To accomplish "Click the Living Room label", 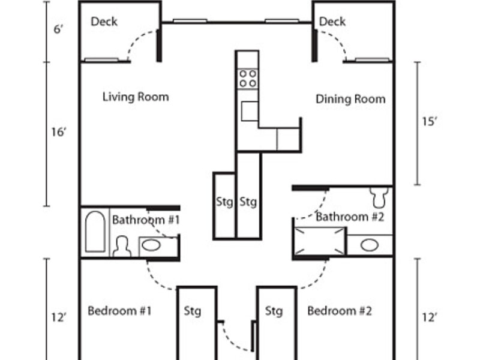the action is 136,97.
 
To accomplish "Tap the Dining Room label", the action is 350,99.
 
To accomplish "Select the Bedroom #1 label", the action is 119,311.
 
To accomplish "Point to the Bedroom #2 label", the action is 340,311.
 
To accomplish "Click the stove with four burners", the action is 248,79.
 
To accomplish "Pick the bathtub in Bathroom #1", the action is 95,232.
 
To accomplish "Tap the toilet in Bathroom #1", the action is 122,246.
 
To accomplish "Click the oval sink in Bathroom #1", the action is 151,245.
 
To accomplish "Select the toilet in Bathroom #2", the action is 379,197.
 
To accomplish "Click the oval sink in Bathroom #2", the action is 370,245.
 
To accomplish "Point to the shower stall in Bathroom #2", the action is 320,241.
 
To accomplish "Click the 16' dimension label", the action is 59,132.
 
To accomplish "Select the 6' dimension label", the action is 58,29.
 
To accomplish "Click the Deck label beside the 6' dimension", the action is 104,22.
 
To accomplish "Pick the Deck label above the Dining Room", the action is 332,22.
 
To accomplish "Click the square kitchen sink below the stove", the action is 250,111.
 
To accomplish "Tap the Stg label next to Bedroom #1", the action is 193,311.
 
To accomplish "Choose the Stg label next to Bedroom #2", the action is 274,311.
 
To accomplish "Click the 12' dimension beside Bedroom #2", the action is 430,317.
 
